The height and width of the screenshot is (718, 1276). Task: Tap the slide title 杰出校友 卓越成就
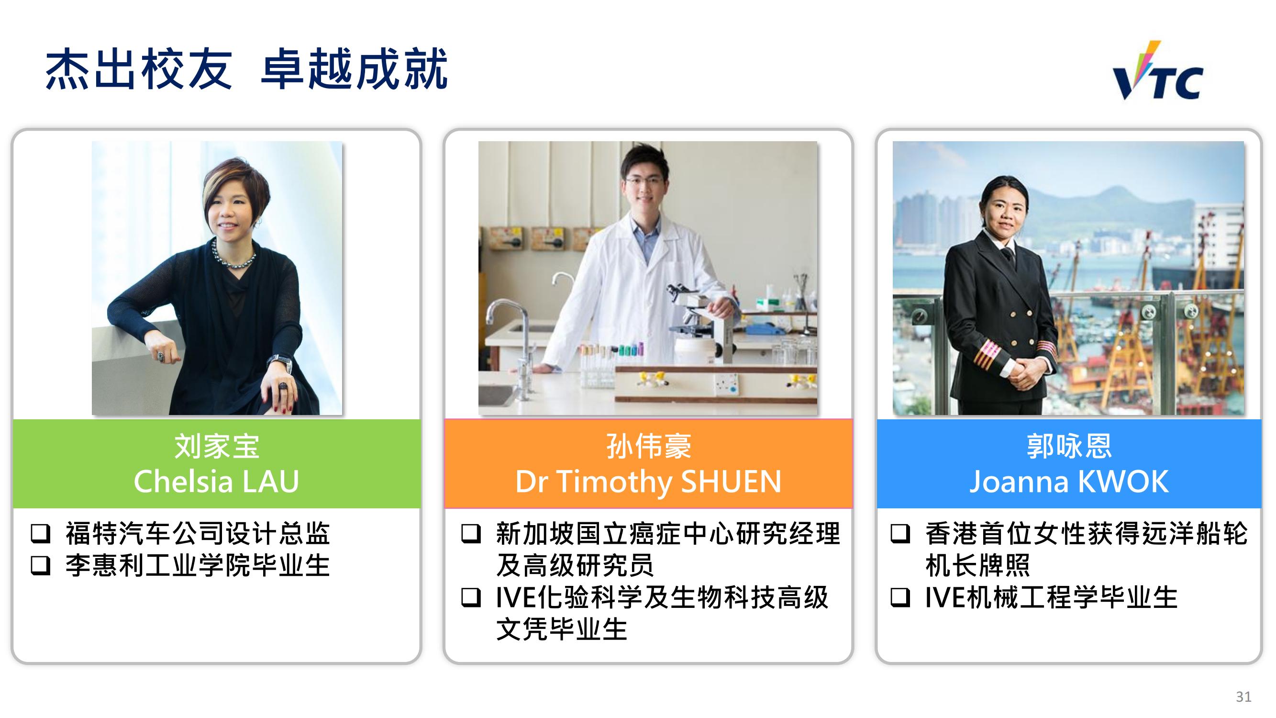coord(246,69)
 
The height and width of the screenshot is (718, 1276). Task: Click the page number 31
coord(1243,696)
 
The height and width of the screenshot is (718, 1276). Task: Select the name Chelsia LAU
coord(216,481)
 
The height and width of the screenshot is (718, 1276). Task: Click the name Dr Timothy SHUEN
coord(648,482)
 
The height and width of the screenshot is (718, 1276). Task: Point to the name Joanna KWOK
coord(1069,481)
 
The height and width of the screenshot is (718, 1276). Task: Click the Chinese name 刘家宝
coord(217,446)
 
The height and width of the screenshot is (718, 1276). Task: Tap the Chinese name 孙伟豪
coord(648,446)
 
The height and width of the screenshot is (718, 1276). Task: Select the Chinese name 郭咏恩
coord(1069,446)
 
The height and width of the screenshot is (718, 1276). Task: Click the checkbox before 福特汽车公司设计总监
coord(41,534)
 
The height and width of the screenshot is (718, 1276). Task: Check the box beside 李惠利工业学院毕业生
coord(41,565)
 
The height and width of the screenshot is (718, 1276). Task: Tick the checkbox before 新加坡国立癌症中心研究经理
coord(471,534)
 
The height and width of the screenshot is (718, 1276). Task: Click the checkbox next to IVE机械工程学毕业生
coord(900,597)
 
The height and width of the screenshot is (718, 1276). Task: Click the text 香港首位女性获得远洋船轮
coord(1086,534)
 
